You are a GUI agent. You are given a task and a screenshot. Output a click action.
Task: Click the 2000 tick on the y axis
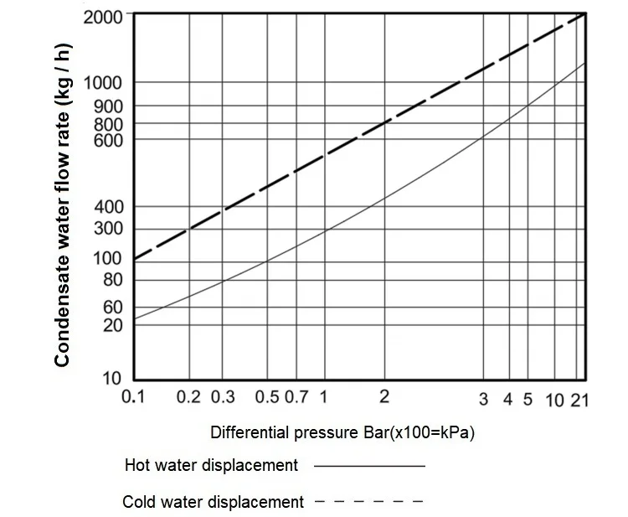point(105,16)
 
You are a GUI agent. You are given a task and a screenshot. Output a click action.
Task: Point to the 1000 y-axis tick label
point(105,83)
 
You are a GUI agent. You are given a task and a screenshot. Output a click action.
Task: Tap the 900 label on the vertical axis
point(109,106)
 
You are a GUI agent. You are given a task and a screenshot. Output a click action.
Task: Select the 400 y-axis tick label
point(109,207)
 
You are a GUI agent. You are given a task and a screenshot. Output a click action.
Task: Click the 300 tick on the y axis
point(109,229)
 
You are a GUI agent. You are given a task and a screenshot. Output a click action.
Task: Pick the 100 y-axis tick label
point(109,258)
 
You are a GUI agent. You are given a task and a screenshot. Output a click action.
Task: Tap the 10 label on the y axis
point(113,378)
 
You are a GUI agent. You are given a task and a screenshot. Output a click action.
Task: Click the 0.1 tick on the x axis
point(134,398)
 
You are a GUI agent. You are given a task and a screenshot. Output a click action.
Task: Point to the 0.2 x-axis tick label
point(188,398)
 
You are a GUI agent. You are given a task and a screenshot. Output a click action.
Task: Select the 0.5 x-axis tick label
point(267,398)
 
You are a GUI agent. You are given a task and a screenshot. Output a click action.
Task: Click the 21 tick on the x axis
point(580,399)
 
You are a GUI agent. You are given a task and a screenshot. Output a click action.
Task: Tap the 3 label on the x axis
point(484,398)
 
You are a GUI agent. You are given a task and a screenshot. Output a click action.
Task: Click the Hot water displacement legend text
point(211,465)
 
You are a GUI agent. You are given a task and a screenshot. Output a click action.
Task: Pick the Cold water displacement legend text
point(213,503)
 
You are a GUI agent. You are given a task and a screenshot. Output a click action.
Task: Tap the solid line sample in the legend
point(369,466)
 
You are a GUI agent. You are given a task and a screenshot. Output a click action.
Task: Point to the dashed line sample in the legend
point(369,503)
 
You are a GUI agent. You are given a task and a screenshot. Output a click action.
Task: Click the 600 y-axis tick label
point(109,140)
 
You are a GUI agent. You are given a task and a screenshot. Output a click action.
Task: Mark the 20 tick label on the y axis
point(113,325)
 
